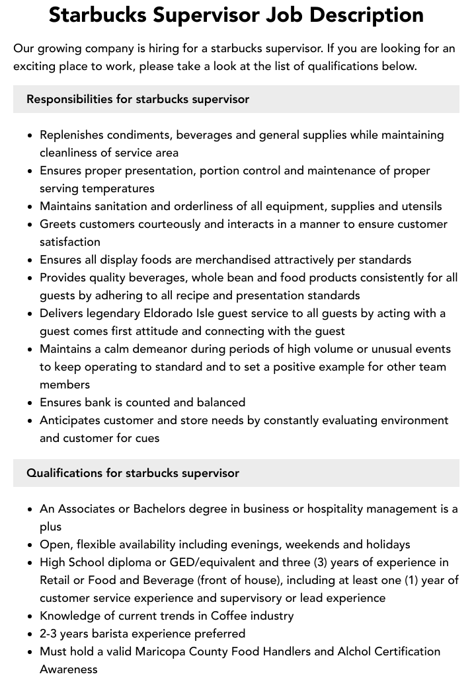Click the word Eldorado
[175, 313]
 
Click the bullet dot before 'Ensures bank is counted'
[30, 403]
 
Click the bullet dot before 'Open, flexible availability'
[30, 545]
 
